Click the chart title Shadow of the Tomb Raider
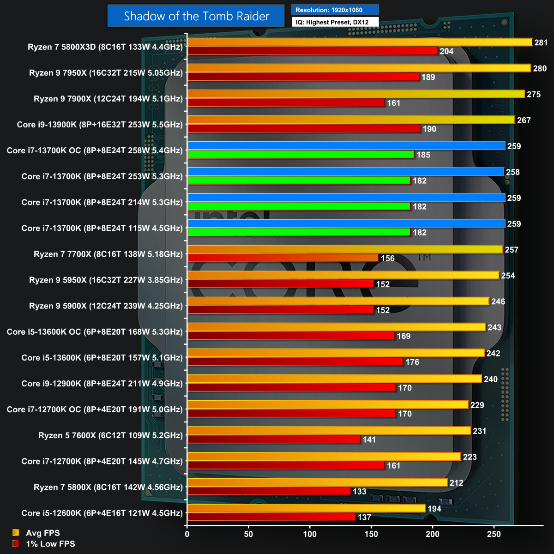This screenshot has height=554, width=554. coord(196,16)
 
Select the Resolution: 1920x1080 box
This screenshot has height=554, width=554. coord(335,10)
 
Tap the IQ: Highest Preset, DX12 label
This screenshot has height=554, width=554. coord(335,22)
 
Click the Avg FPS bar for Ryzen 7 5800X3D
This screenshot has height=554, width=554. coord(360,42)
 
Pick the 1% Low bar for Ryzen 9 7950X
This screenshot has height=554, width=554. coord(303,77)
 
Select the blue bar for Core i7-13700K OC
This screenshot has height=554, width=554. coord(346,146)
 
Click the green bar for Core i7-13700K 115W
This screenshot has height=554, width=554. coord(299,232)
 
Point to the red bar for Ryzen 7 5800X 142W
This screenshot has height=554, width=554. coord(269,491)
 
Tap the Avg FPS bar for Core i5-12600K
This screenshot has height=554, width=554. coord(306,508)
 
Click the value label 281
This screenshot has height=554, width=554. coord(541,42)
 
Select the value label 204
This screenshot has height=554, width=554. coord(446,51)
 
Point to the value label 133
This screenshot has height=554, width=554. coord(359,491)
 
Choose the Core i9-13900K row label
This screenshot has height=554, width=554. coord(100,125)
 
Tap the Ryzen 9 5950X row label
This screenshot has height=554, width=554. coord(106,280)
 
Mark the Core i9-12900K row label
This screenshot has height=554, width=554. coord(102,384)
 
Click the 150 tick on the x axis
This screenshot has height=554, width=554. coord(371,534)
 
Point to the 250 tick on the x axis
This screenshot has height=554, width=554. coord(494,534)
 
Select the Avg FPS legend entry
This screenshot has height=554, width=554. coord(42,533)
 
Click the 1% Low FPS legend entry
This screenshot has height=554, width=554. coord(50,544)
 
